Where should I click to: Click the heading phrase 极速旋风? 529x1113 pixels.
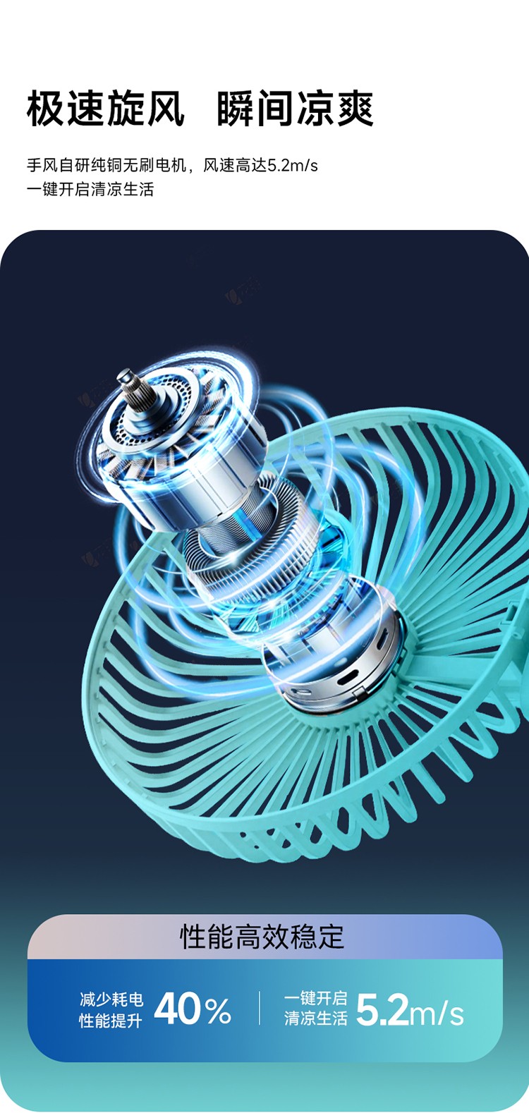click(105, 109)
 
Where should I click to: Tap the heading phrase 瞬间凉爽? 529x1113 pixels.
click(295, 109)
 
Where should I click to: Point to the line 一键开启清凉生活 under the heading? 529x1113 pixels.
click(90, 189)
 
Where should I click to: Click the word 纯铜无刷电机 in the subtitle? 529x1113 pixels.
click(138, 165)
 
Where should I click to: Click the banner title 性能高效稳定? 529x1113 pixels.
click(262, 937)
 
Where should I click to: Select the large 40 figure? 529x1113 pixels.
click(176, 1009)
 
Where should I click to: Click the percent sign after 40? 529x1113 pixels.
click(218, 1011)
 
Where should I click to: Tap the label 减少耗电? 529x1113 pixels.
click(111, 999)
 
